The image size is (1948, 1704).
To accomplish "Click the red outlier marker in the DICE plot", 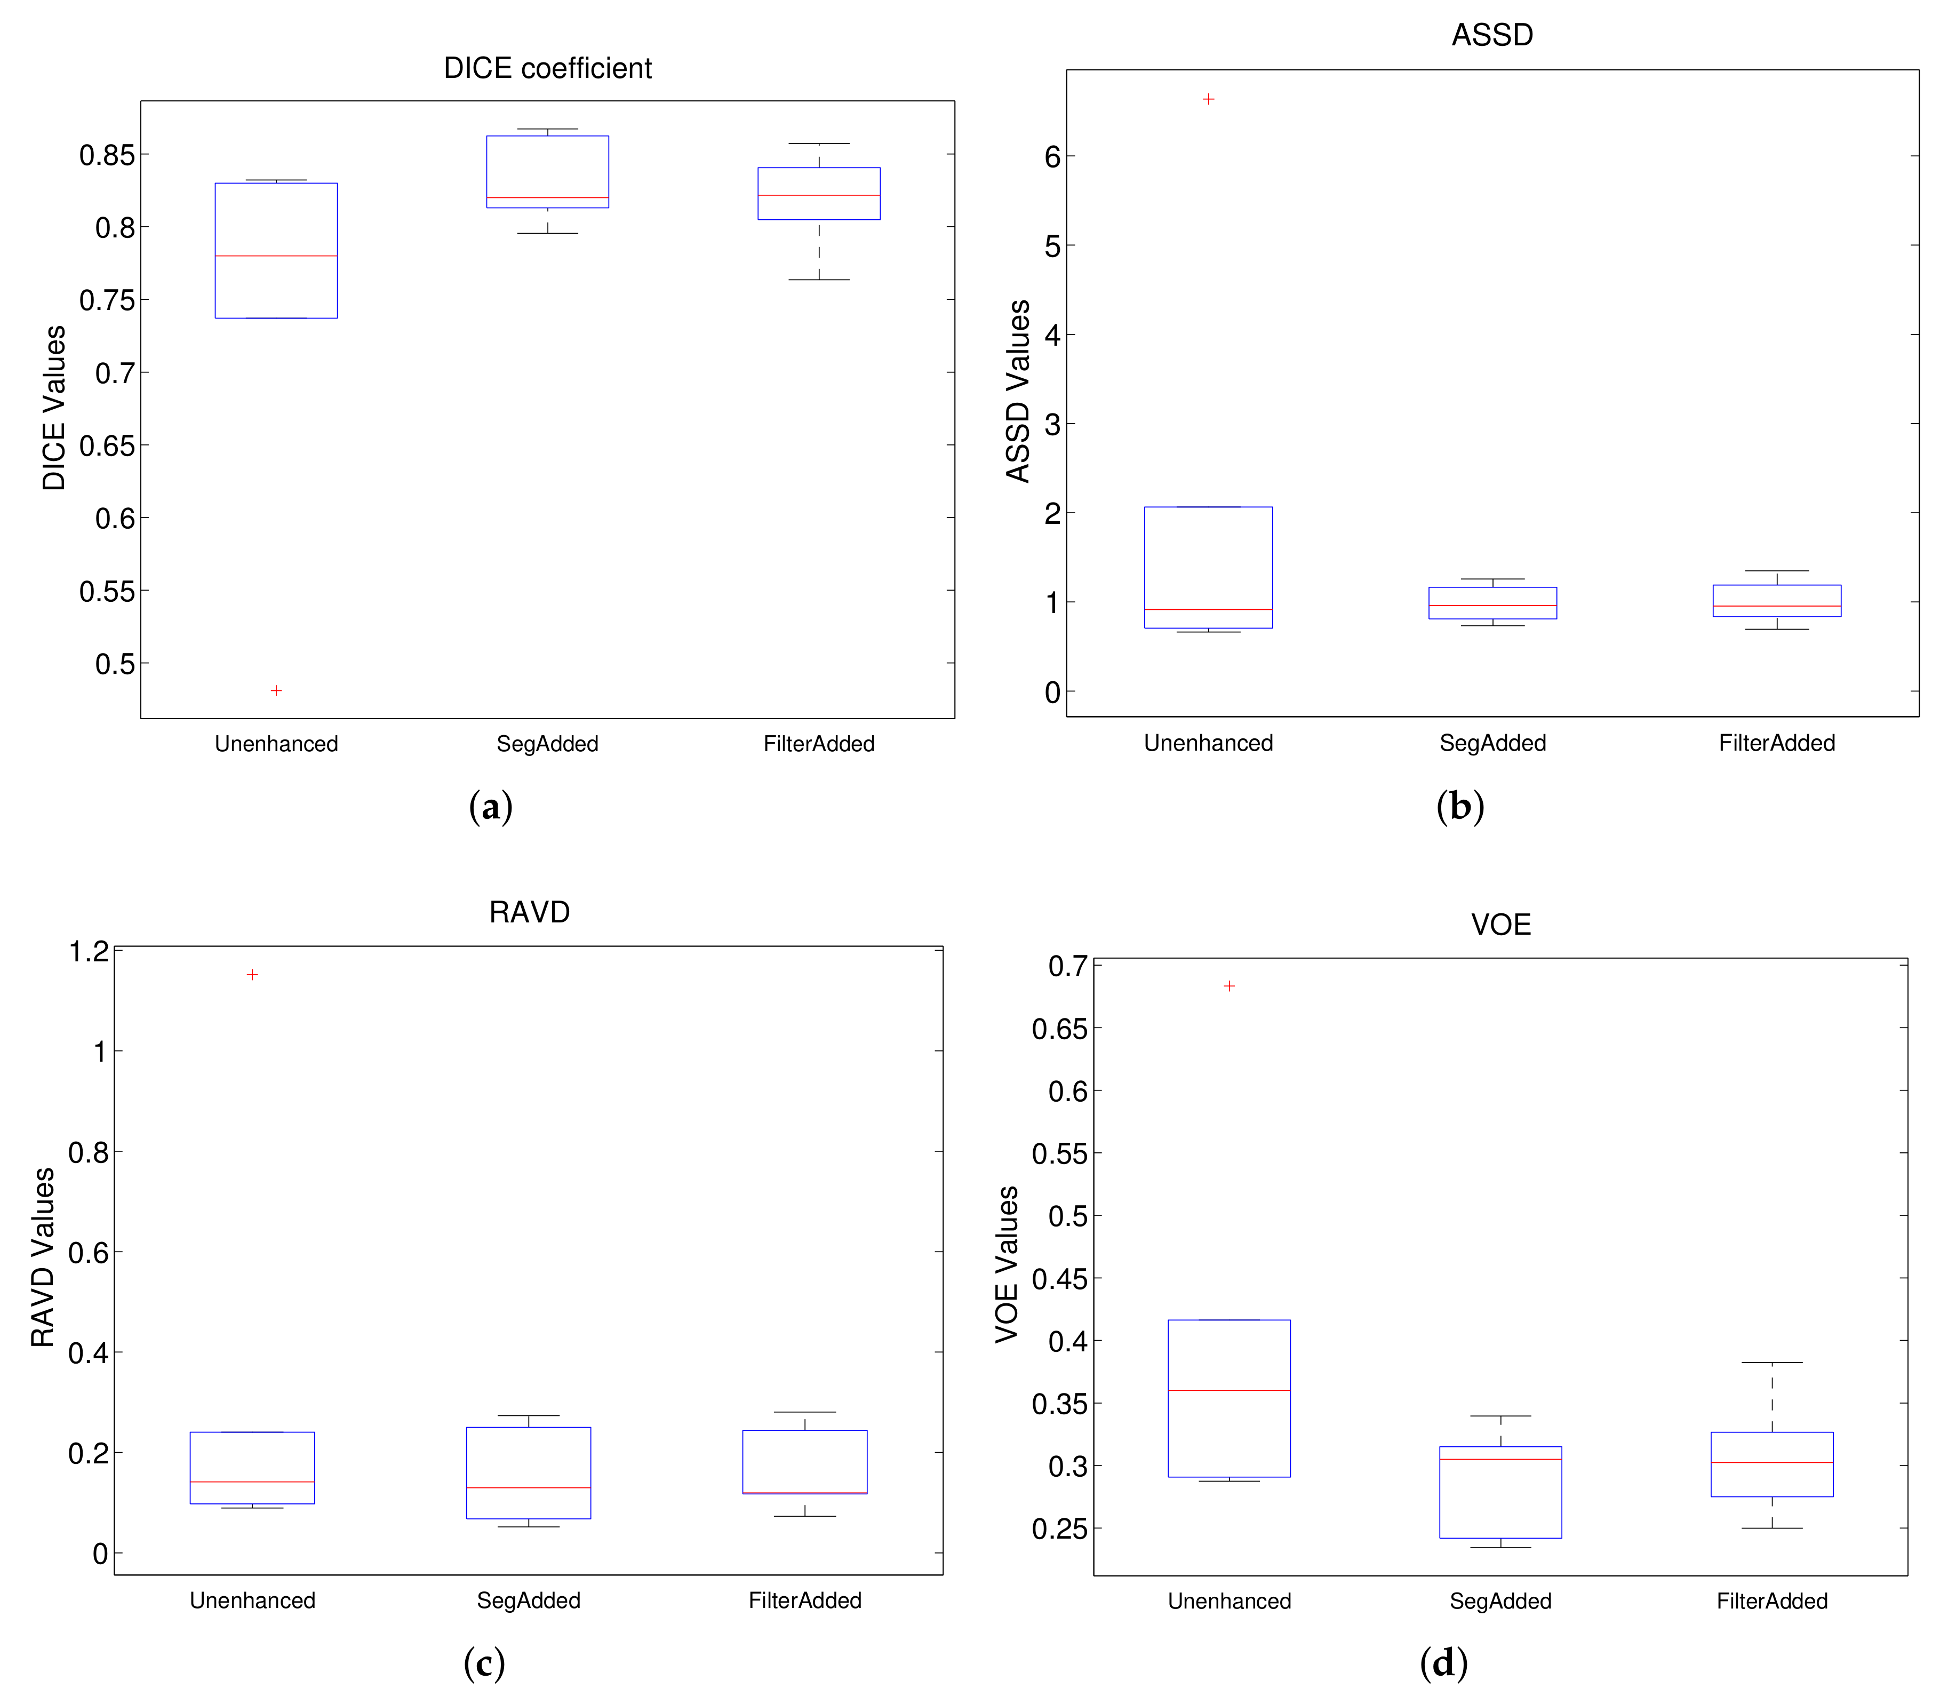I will [x=276, y=690].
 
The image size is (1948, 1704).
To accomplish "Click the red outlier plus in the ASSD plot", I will [x=1208, y=99].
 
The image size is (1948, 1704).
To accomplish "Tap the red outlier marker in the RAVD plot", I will [x=252, y=975].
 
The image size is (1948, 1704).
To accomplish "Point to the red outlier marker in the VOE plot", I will [x=1230, y=986].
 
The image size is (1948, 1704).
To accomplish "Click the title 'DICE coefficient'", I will [x=548, y=68].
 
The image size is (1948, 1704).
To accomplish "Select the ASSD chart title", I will [x=1491, y=35].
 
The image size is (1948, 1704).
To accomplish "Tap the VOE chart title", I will [x=1500, y=924].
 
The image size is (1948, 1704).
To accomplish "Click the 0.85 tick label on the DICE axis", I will [x=107, y=155].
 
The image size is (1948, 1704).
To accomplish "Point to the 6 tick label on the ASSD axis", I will [x=1051, y=157].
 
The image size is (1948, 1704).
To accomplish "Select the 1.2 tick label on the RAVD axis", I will [x=89, y=951].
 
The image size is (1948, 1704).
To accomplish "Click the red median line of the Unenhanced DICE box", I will [x=276, y=256].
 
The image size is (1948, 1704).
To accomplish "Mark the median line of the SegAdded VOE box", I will [x=1500, y=1459].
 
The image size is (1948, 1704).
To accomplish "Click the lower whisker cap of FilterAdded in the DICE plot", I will [x=819, y=280].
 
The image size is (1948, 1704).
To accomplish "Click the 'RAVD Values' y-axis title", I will [x=43, y=1257].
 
